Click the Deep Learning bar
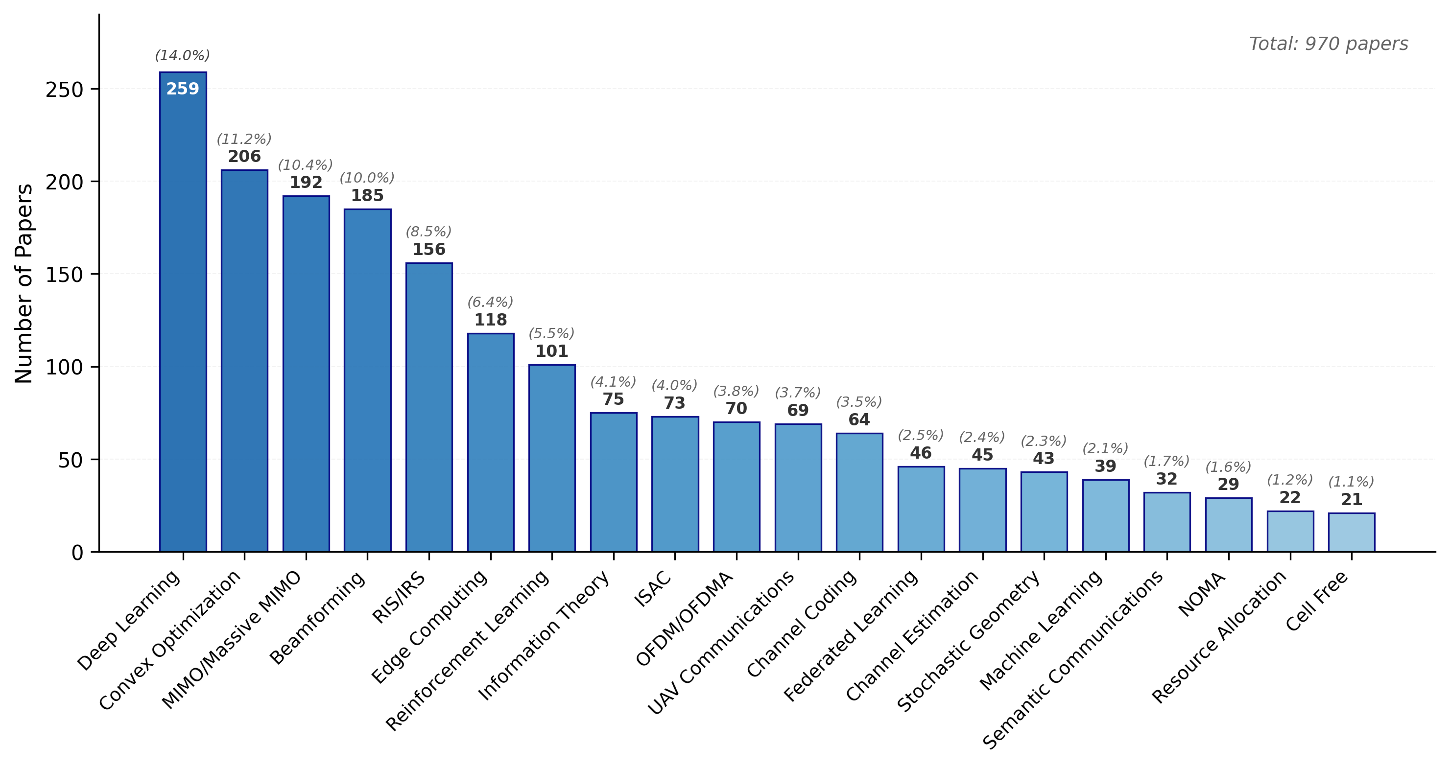pyautogui.click(x=183, y=315)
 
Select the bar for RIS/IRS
pyautogui.click(x=429, y=407)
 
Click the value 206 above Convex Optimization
pyautogui.click(x=244, y=157)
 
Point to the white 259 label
pyautogui.click(x=183, y=89)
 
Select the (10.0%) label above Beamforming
pyautogui.click(x=367, y=178)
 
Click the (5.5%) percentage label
pyautogui.click(x=551, y=334)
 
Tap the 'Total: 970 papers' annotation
pyautogui.click(x=1329, y=44)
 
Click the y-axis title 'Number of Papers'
pyautogui.click(x=24, y=283)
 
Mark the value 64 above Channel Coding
pyautogui.click(x=859, y=419)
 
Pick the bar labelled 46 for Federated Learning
pyautogui.click(x=921, y=509)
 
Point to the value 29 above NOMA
pyautogui.click(x=1228, y=485)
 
